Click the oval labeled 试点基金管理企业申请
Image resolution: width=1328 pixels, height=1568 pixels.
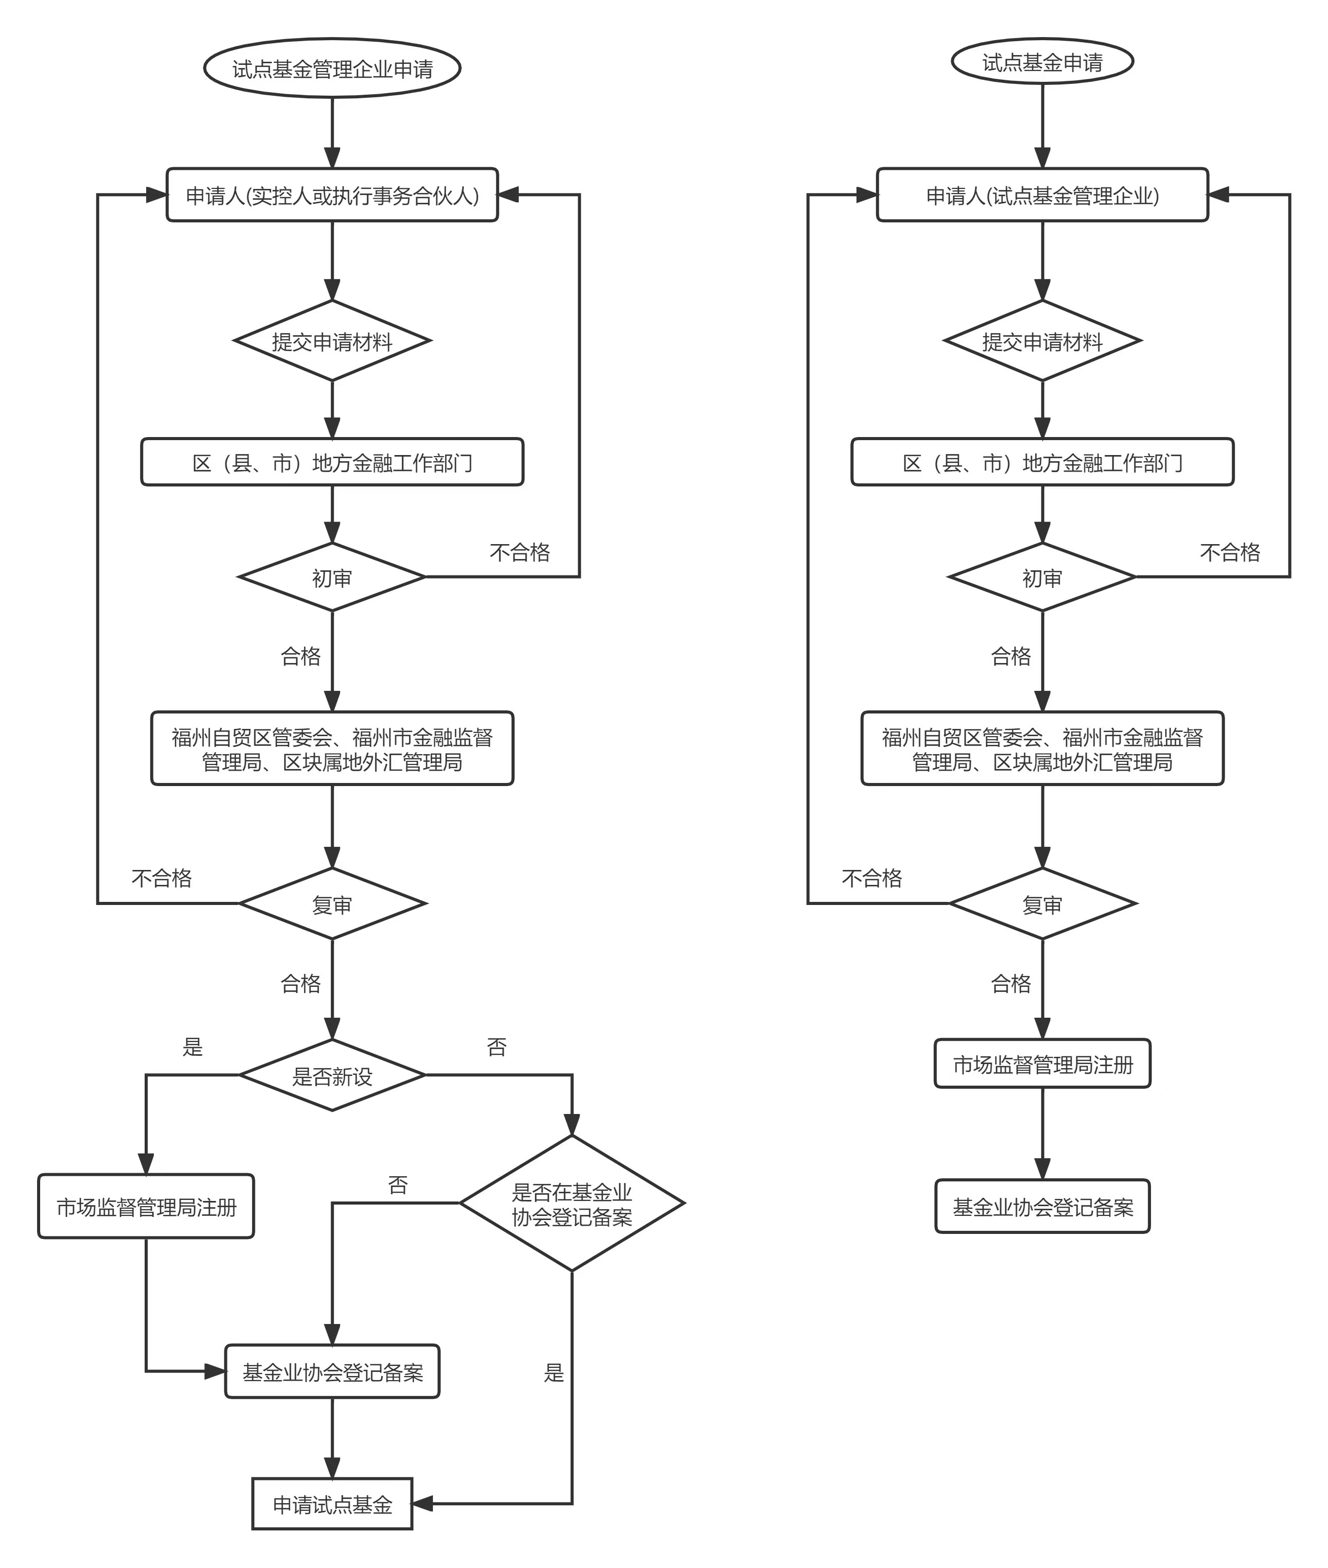pos(332,68)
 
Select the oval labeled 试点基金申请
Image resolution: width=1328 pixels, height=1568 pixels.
pos(1042,62)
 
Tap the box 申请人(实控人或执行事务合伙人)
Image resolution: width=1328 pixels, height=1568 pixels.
pos(332,195)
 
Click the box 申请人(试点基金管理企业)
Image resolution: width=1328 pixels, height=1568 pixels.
pos(1042,195)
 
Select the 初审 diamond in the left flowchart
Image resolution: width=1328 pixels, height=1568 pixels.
pos(332,578)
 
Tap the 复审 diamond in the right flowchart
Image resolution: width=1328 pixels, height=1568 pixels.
pos(1042,904)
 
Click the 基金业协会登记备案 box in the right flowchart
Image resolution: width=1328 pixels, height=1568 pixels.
pos(1042,1207)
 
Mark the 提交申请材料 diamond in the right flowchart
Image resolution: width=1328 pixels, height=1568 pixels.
pos(1042,341)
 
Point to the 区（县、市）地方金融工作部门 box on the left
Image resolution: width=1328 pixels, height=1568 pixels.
pos(332,462)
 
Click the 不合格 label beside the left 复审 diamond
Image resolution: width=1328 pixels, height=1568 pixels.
pos(161,878)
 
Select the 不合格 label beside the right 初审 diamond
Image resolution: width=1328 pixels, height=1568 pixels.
pos(1229,552)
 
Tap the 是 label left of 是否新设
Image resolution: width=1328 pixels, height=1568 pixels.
pos(193,1047)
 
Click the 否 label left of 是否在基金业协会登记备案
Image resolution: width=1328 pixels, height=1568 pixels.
pos(397,1185)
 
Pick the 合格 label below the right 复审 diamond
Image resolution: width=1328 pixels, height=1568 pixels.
pos(1010,983)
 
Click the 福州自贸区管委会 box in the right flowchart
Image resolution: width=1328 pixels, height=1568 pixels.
pos(1042,749)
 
